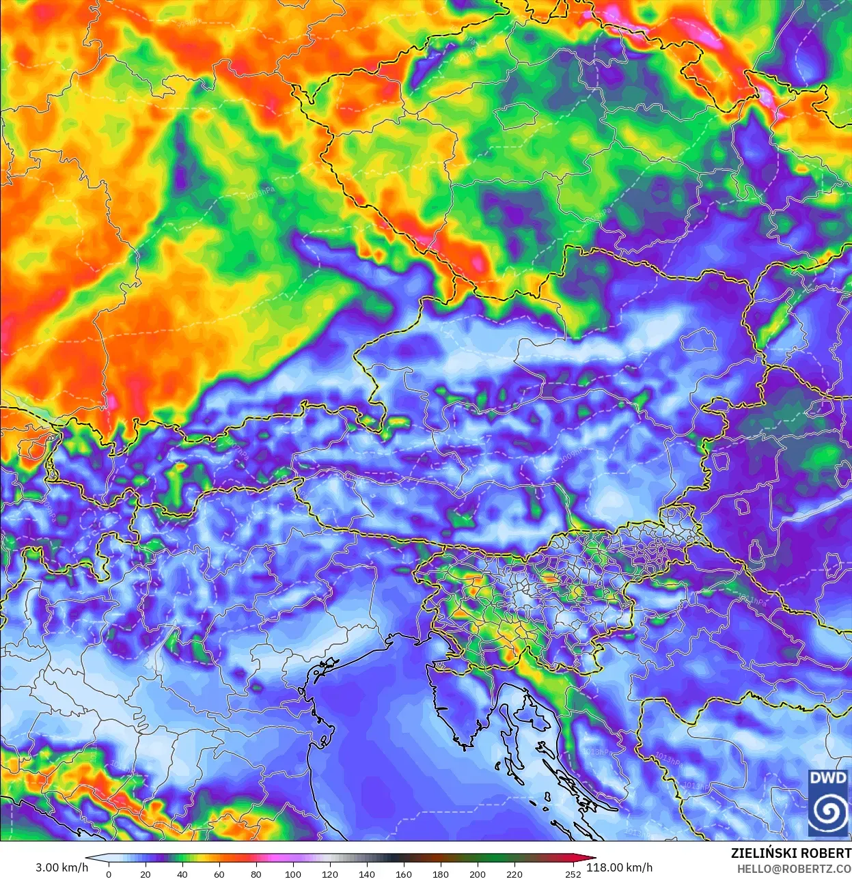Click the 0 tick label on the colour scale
109,874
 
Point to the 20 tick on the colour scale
146,874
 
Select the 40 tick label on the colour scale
182,874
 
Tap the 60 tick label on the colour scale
219,874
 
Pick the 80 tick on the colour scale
256,874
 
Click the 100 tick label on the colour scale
293,874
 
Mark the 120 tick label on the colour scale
330,874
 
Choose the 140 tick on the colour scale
367,874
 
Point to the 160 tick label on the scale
404,874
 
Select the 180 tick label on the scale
441,874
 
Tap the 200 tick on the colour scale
478,874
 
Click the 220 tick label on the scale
514,874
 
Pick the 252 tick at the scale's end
573,874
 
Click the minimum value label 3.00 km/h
61,867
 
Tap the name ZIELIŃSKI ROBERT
791,854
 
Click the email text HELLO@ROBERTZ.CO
794,869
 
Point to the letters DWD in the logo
827,778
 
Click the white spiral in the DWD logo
827,811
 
